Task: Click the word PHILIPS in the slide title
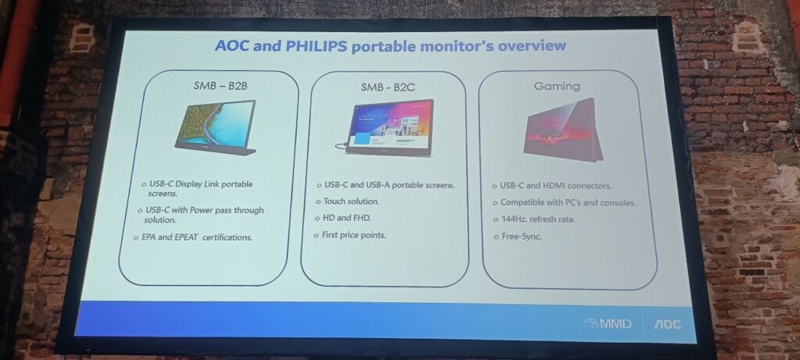click(x=316, y=45)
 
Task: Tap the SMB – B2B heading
click(x=220, y=86)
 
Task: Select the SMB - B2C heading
click(x=387, y=87)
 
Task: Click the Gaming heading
click(x=556, y=86)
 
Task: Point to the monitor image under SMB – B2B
click(x=216, y=128)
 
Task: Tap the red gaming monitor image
click(x=562, y=130)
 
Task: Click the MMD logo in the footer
click(x=608, y=324)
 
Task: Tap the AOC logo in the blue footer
click(x=667, y=324)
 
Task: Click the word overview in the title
click(x=531, y=46)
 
